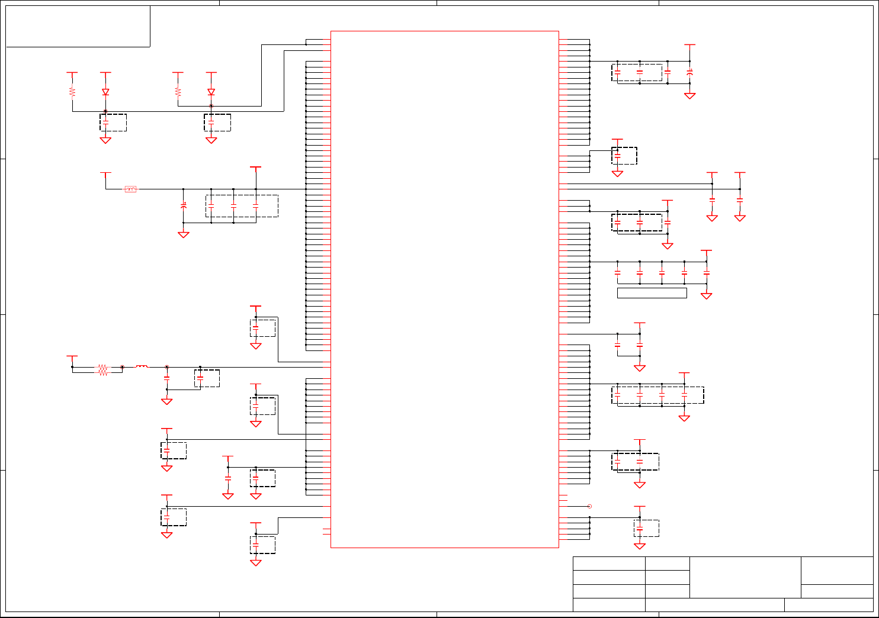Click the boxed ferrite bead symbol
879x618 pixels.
pos(130,189)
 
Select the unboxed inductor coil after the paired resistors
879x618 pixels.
pos(142,367)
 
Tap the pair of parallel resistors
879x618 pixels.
pos(103,370)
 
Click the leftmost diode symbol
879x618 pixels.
pos(105,92)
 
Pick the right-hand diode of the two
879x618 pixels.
pos(211,92)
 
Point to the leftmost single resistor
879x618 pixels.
pos(72,92)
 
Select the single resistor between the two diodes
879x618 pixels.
pos(178,92)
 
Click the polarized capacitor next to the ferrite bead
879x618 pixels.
pos(184,205)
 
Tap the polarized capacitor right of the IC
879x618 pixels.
pos(689,73)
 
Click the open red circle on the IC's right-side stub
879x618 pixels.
pos(589,506)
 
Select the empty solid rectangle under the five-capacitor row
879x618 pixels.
pos(652,293)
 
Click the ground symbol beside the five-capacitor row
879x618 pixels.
pos(706,295)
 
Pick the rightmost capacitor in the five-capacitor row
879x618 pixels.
pos(706,273)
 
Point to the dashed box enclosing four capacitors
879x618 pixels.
pos(657,395)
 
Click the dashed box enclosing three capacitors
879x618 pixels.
pos(242,205)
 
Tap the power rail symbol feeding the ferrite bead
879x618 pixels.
pos(105,173)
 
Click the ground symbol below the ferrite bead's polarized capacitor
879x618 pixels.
pos(184,234)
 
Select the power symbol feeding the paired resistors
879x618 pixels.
pos(72,357)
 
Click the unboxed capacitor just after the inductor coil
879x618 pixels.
pos(167,377)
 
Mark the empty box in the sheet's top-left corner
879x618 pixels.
pos(78,26)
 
